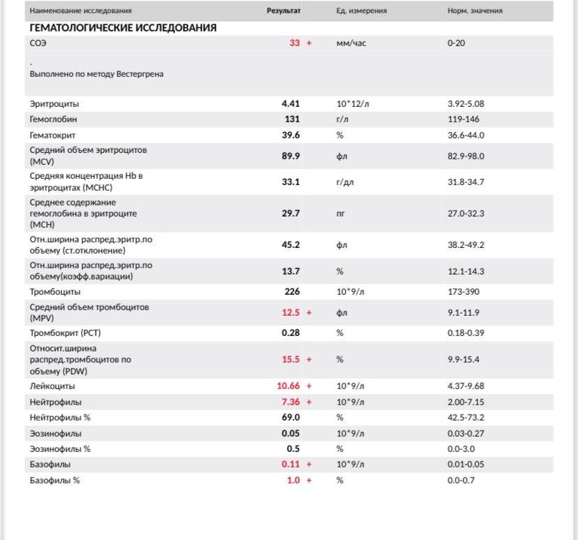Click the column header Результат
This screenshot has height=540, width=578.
[283, 11]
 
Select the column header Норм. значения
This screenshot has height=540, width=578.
[475, 11]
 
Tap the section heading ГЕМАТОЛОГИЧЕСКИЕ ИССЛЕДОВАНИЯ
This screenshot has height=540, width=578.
[123, 28]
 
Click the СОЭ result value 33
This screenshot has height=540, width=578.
[295, 43]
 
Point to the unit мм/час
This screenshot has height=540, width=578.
[351, 43]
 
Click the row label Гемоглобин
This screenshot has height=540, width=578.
[54, 119]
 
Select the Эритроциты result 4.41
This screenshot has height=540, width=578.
[290, 104]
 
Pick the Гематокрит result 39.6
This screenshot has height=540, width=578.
[290, 136]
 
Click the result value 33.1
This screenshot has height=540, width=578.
[290, 182]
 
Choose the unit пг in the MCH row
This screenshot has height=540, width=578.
[341, 213]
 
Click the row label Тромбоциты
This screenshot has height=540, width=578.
[55, 291]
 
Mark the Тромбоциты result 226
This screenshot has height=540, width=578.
[292, 291]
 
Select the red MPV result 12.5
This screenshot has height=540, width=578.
[290, 312]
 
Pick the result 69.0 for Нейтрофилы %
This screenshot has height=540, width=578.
[290, 417]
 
